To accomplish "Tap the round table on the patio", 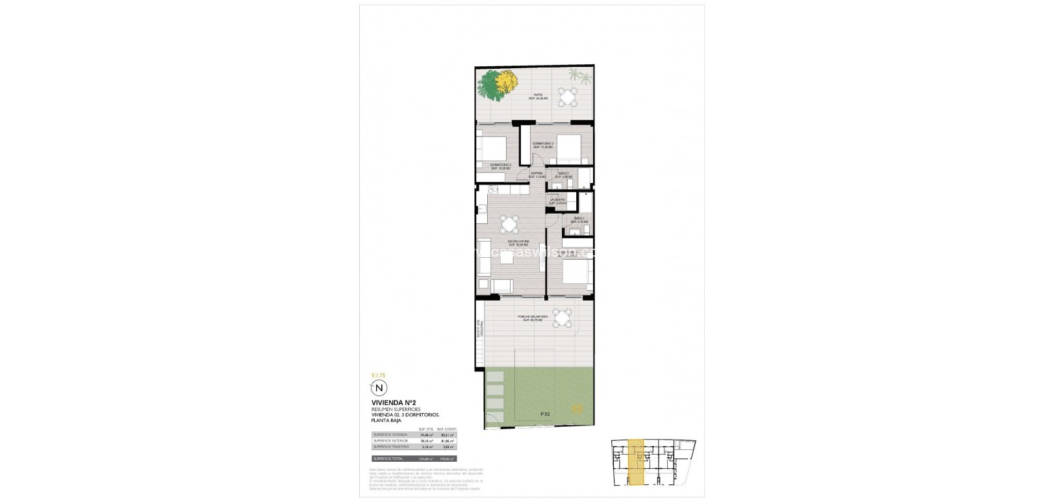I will (569, 97).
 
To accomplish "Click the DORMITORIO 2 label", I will (542, 145).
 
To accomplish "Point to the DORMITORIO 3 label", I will (501, 166).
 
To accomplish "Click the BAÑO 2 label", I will (564, 175).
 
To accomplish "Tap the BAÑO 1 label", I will (579, 220).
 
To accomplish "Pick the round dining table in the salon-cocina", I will (509, 225).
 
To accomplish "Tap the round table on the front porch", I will (566, 318).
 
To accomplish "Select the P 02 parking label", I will (544, 414).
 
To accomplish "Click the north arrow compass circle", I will (376, 388).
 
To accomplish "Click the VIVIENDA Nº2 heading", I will (390, 403).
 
